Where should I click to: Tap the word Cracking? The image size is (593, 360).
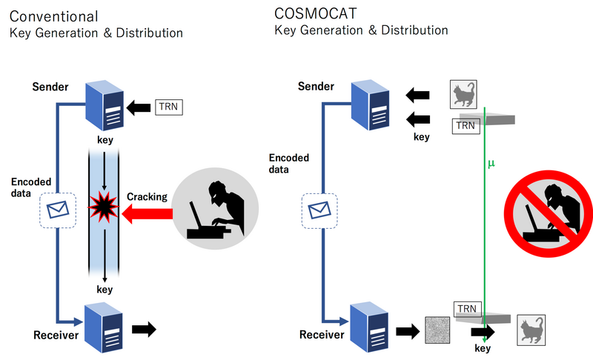click(x=147, y=197)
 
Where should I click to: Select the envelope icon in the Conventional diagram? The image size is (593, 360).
click(x=57, y=210)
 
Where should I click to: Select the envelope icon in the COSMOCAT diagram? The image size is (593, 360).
click(x=319, y=210)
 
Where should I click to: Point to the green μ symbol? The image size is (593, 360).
click(x=491, y=162)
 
